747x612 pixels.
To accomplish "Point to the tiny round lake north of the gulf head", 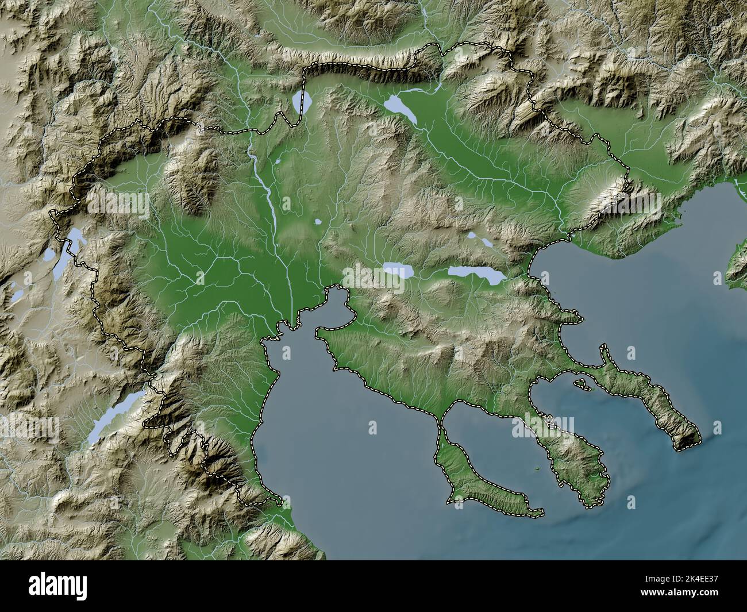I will pyautogui.click(x=318, y=221).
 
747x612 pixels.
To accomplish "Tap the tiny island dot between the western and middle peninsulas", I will pyautogui.click(x=537, y=470).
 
